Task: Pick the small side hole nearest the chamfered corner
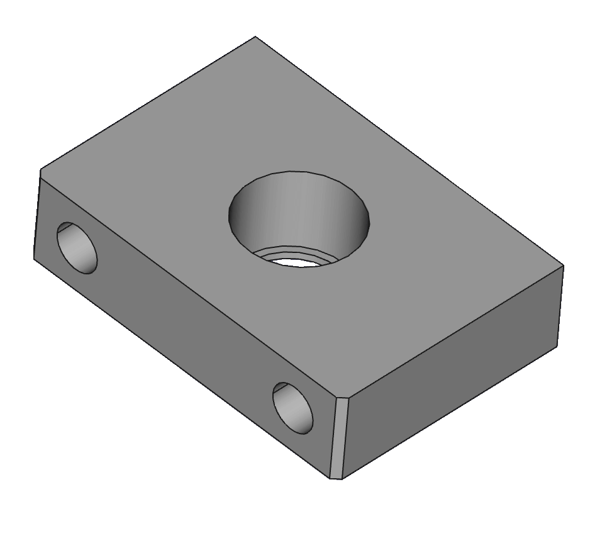[x=292, y=408]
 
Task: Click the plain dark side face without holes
[x=453, y=371]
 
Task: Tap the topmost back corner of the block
[x=255, y=38]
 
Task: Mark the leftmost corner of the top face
[x=42, y=172]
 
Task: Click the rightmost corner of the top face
[x=562, y=267]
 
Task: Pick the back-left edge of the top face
[x=148, y=104]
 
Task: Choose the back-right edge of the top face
[x=409, y=152]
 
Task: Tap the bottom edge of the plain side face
[x=450, y=412]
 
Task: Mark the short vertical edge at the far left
[x=37, y=214]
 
